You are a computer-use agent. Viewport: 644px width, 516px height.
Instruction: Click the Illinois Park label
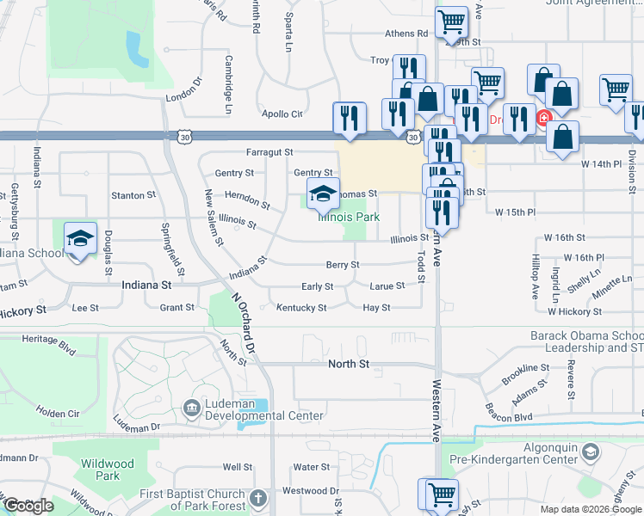pos(349,218)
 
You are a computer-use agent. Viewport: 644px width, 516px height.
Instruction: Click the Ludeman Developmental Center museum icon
pos(193,405)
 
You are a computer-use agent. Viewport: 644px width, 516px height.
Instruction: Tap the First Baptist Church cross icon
pos(257,498)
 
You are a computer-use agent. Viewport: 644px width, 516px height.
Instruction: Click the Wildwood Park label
pos(108,470)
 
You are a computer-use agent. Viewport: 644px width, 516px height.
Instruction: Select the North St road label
pos(349,365)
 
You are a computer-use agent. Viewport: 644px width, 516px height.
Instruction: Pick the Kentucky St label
pos(301,308)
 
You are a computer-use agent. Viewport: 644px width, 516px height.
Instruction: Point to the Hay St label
pos(377,308)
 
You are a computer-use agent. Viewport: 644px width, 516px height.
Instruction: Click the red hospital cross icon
pos(543,118)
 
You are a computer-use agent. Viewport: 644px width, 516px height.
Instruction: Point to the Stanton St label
pos(128,195)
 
